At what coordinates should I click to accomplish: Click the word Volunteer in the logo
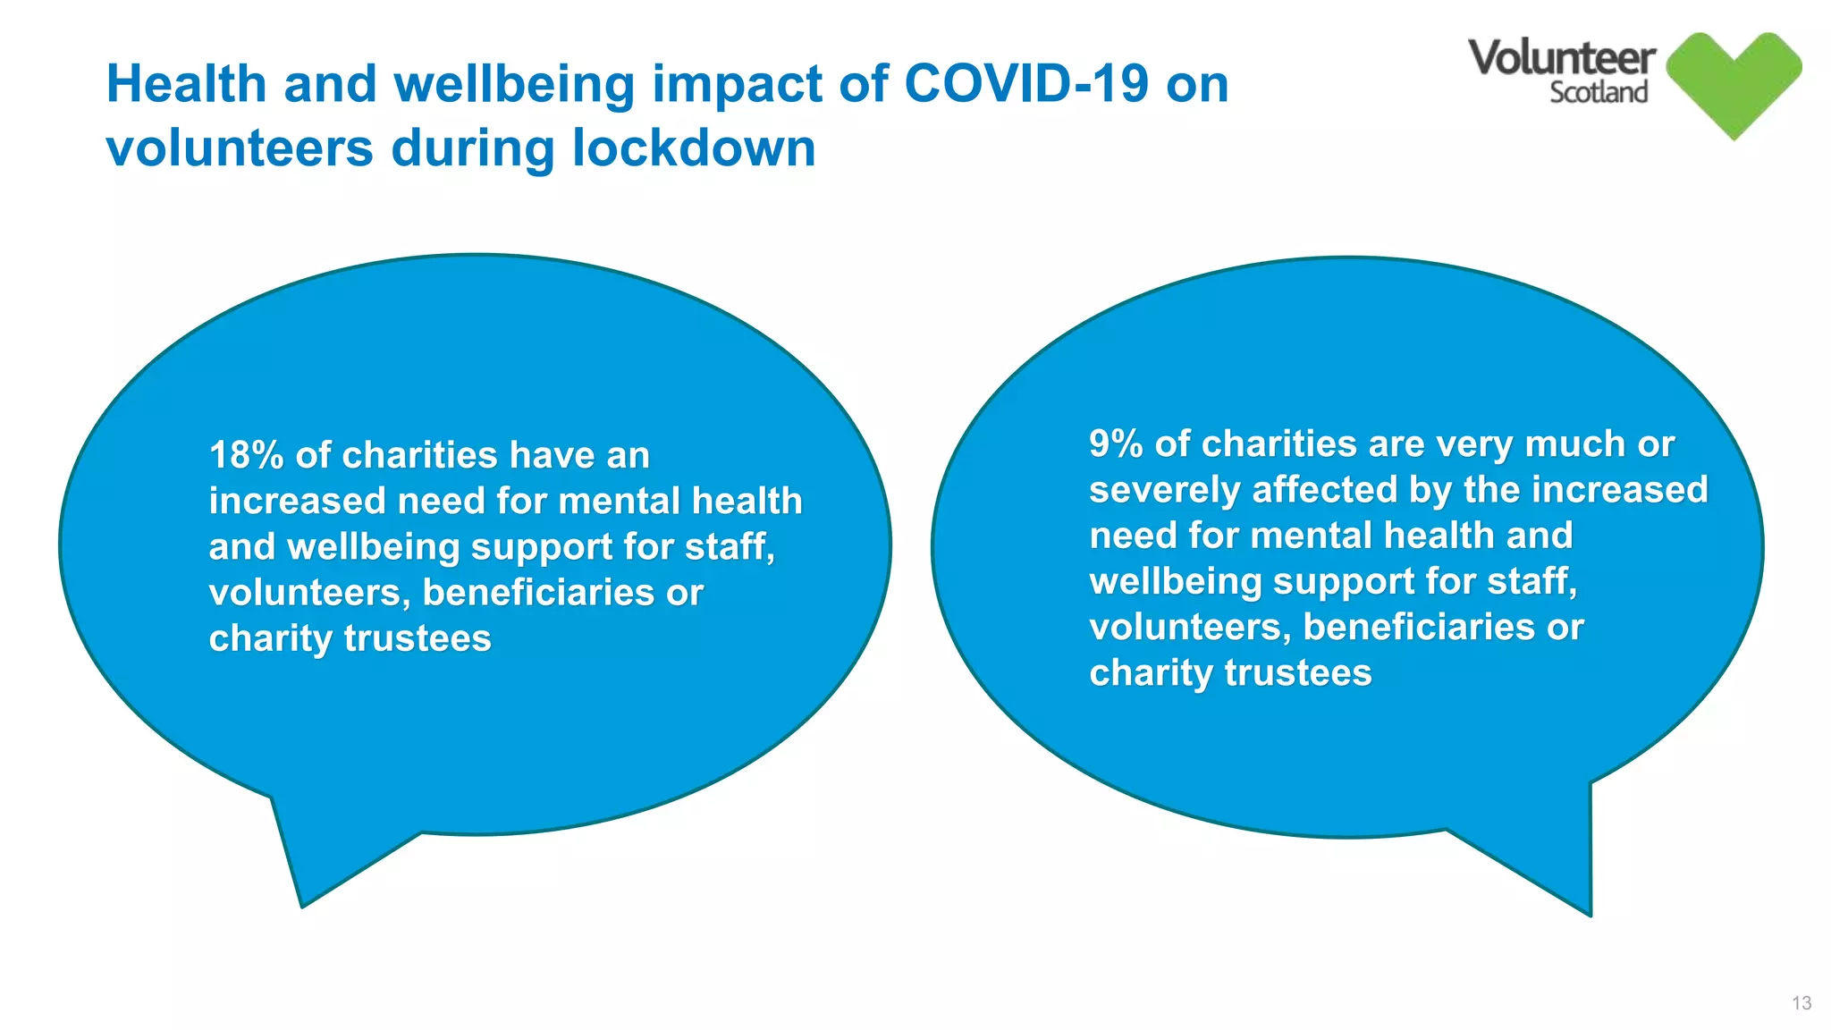(1561, 58)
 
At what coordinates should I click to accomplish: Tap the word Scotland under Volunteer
(1599, 92)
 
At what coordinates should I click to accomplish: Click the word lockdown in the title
(694, 148)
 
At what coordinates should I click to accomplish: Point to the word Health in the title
(187, 84)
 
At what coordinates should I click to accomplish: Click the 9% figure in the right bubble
(1115, 444)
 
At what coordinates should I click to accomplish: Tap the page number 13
(1801, 1003)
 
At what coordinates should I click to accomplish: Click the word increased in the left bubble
(297, 501)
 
